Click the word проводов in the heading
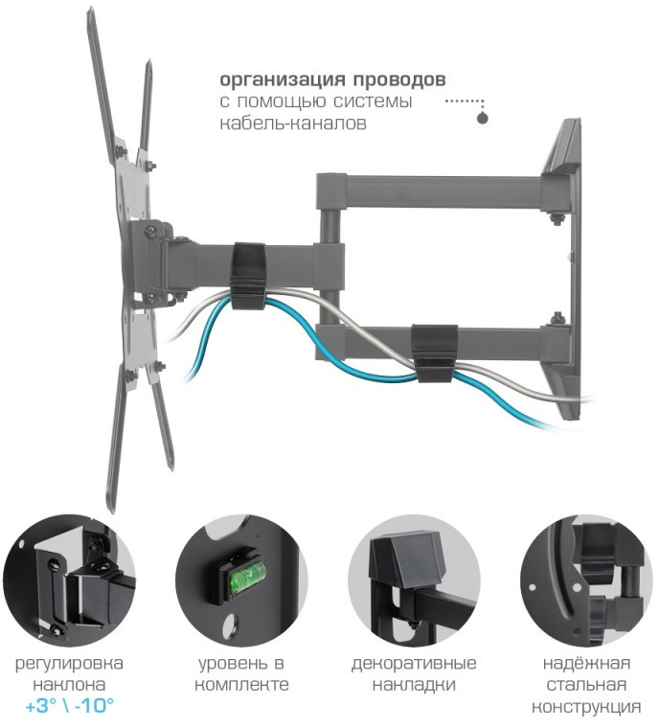pos(398,80)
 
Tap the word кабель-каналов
pos(293,124)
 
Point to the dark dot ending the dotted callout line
pos(483,118)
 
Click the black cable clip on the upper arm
pos(248,276)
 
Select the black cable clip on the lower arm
pos(435,353)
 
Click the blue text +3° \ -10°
pos(69,706)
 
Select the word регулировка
pos(69,664)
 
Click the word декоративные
pos(414,664)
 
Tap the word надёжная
pos(586,663)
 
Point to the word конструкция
pos(586,708)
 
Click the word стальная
pos(586,685)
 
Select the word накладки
pos(414,685)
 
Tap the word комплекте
pos(241,685)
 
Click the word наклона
pos(69,685)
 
